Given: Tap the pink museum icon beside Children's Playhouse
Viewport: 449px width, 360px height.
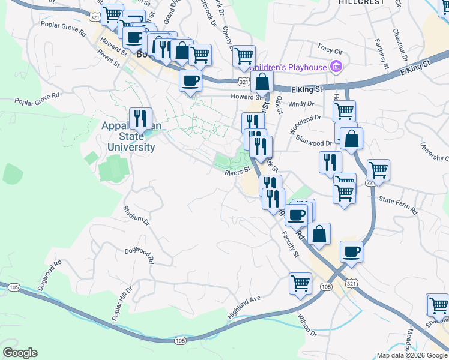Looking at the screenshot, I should tap(336, 67).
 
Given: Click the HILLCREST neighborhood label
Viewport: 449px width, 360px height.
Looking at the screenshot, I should tap(361, 2).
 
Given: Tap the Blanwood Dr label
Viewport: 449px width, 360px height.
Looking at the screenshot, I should tap(314, 140).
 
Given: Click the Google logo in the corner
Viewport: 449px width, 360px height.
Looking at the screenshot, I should tap(20, 353).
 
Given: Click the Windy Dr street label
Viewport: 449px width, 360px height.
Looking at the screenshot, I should tap(301, 104).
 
